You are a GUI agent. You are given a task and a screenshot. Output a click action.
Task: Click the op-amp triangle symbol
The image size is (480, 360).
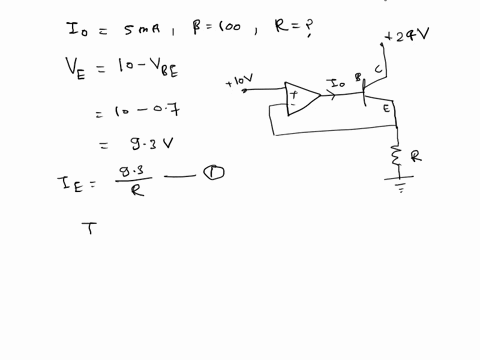pos(302,98)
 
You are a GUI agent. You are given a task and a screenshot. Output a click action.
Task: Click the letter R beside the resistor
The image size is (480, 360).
pos(417,157)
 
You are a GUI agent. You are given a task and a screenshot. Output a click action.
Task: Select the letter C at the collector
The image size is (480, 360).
pos(378,69)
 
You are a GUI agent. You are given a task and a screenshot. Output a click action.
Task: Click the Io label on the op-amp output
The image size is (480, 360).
pos(337,88)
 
